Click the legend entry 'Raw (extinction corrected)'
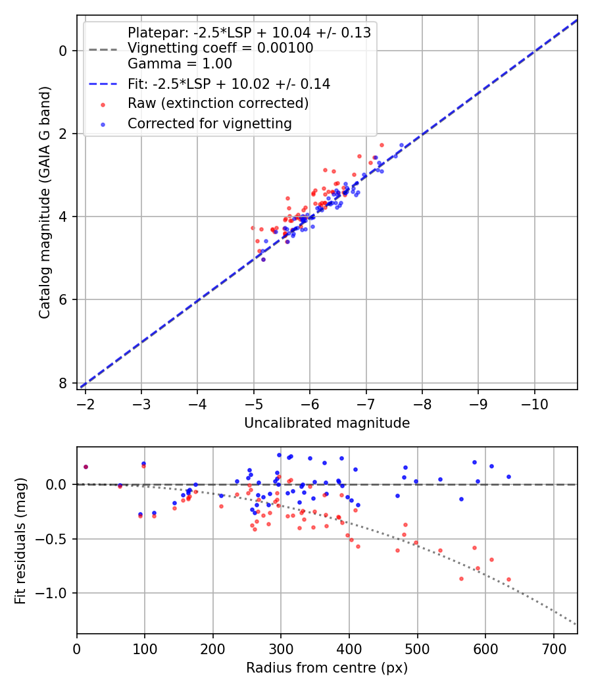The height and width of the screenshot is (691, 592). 218,103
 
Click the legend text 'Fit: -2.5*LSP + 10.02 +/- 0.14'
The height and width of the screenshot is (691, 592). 228,84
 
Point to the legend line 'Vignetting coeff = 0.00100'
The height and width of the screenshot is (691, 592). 220,48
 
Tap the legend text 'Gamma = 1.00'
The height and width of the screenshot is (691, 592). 180,64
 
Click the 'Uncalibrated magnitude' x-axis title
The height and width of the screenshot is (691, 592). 327,423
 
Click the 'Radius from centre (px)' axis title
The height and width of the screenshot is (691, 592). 327,668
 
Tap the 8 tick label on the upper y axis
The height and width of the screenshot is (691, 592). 63,383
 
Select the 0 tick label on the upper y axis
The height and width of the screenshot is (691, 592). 63,51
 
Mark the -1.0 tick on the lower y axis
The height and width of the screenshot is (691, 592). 56,594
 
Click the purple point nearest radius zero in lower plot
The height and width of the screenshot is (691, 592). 86,467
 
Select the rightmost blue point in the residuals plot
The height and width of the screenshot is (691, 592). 508,476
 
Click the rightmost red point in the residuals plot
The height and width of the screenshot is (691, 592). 508,579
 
